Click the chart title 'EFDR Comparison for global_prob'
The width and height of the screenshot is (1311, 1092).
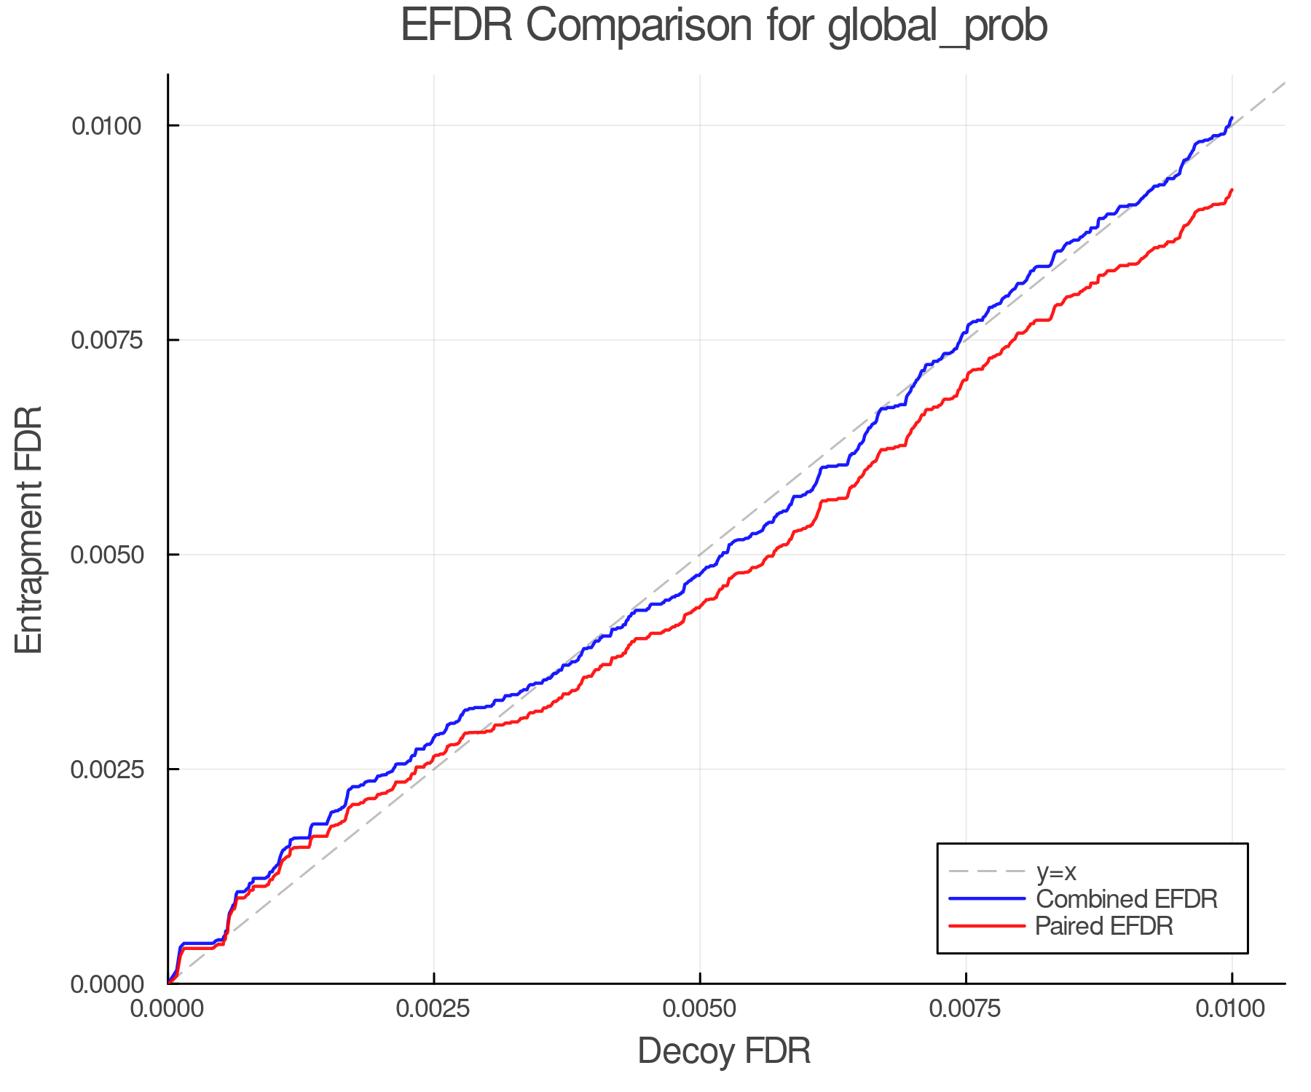pos(723,26)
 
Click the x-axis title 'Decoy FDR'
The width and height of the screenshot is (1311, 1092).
pos(724,1051)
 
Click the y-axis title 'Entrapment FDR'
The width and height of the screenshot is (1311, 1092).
pos(29,529)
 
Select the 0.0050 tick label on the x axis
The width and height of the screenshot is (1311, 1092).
pos(700,1008)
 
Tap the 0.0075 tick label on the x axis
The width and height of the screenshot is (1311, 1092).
pos(966,1008)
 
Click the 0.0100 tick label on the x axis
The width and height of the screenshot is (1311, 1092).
pos(1232,1008)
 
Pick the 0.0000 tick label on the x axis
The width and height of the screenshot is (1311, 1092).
pos(168,1008)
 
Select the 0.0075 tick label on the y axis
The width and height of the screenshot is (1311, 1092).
pos(106,340)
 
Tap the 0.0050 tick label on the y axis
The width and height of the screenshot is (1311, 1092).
pos(106,555)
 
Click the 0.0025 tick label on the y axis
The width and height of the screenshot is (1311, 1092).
pos(106,769)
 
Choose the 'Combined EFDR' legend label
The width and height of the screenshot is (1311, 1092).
pos(1126,899)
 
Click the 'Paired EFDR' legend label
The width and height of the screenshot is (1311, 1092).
pos(1104,926)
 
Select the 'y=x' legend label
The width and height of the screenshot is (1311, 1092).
pos(1056,871)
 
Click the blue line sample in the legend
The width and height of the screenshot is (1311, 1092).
pos(987,899)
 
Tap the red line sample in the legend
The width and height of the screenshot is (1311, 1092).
pos(987,926)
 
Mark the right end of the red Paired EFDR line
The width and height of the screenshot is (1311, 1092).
pos(1232,190)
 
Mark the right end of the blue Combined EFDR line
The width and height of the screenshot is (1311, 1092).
pos(1232,118)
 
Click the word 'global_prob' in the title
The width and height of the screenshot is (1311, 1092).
pos(937,26)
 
